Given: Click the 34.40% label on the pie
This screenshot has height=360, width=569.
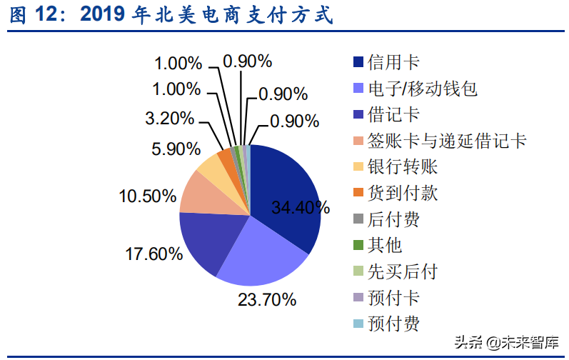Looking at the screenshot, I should [301, 208].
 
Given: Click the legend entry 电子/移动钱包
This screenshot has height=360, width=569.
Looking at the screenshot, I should [421, 89].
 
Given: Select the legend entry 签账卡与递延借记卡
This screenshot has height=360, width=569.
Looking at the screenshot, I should [446, 141].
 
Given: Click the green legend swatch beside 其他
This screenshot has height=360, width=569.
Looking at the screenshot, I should [358, 245].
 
